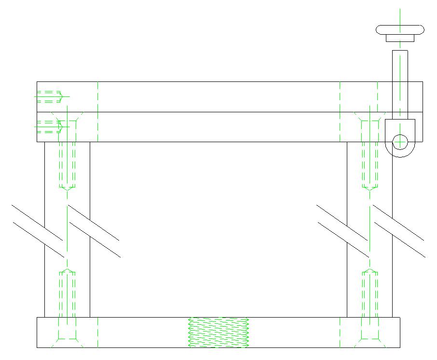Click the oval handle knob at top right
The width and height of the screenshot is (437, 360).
(x=400, y=29)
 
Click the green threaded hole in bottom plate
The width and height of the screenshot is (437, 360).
(x=218, y=333)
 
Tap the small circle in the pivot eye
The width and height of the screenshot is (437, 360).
(x=400, y=142)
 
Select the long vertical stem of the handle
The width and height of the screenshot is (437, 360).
(x=400, y=82)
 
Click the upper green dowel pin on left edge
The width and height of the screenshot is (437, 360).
(x=49, y=96)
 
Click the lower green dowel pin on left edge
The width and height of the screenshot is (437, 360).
(x=49, y=127)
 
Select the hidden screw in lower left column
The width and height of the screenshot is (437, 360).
(x=67, y=294)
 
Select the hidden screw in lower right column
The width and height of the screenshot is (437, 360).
(x=370, y=294)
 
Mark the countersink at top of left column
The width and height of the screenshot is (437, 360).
(x=68, y=117)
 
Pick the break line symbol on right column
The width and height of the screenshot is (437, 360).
(x=371, y=230)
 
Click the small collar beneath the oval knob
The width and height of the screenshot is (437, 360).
(x=400, y=38)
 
